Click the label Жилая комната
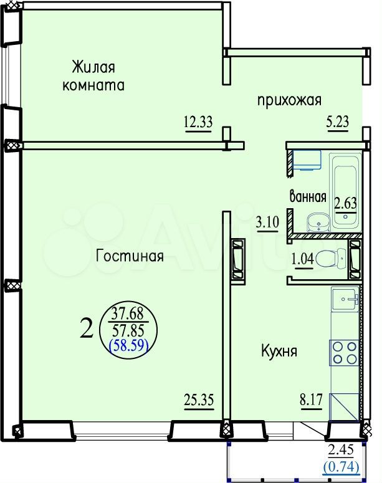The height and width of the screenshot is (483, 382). (x=93, y=76)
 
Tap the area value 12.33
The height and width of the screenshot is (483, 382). (x=198, y=122)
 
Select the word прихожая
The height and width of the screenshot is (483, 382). (x=289, y=100)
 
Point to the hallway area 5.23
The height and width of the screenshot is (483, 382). (x=338, y=122)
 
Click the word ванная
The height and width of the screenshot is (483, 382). (x=308, y=197)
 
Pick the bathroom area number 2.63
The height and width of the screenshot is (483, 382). (x=345, y=203)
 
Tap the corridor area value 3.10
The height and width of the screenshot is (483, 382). (x=267, y=221)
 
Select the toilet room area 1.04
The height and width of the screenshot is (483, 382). (x=302, y=259)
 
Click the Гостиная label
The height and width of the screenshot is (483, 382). (x=130, y=256)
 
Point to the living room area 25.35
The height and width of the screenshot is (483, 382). (x=199, y=400)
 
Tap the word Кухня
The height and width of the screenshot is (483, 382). (x=279, y=351)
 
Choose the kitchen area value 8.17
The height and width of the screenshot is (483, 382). (x=312, y=400)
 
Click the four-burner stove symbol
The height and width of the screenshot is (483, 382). (x=345, y=353)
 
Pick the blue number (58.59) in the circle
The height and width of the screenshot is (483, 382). (x=129, y=346)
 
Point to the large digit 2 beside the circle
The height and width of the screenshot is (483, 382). (x=87, y=327)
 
